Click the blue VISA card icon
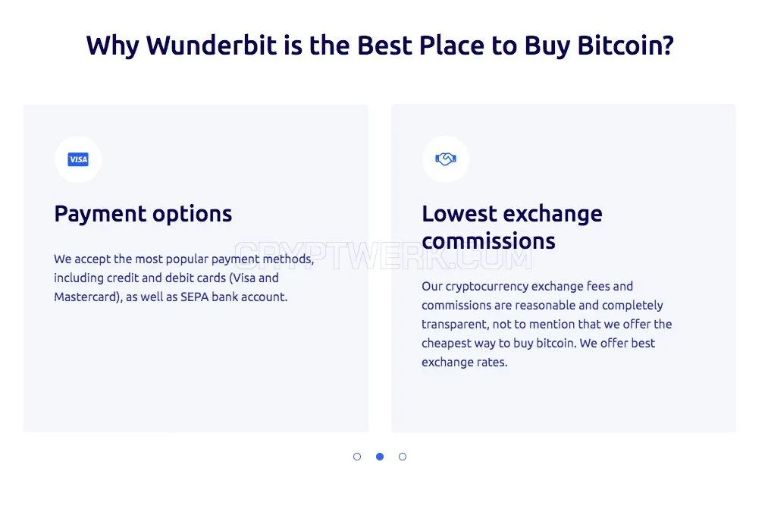pyautogui.click(x=78, y=159)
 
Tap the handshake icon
pyautogui.click(x=446, y=159)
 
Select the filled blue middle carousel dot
pyautogui.click(x=380, y=457)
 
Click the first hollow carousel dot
pyautogui.click(x=357, y=457)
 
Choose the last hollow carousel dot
pyautogui.click(x=403, y=457)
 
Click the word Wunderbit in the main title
pyautogui.click(x=212, y=45)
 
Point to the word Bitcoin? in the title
pyautogui.click(x=625, y=45)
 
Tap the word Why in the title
pyautogui.click(x=113, y=46)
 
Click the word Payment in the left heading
pyautogui.click(x=100, y=214)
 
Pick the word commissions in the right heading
pyautogui.click(x=488, y=241)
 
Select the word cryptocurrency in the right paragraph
pyautogui.click(x=487, y=287)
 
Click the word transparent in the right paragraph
pyautogui.click(x=455, y=325)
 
